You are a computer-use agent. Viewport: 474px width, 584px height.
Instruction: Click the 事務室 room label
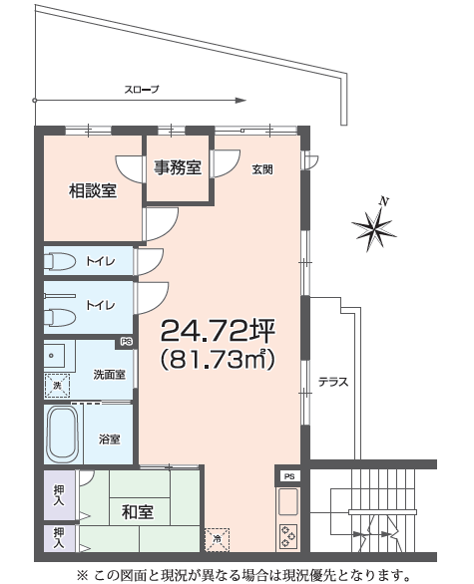178,167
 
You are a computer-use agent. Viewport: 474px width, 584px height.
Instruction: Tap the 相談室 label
93,190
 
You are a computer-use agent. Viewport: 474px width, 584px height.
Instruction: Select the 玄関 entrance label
262,169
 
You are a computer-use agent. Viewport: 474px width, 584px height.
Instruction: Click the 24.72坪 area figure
219,330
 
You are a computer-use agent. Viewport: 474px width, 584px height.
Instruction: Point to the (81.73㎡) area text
219,359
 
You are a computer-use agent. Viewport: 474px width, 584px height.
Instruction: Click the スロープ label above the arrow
142,90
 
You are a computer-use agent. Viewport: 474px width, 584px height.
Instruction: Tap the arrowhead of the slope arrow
240,101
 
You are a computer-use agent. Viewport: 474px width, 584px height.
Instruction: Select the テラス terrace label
333,382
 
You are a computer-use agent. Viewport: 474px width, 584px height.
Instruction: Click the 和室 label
138,512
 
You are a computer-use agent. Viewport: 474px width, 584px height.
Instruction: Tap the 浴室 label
110,439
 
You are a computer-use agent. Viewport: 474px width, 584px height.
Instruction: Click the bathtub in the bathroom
63,435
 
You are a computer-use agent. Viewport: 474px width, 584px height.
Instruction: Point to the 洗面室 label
110,375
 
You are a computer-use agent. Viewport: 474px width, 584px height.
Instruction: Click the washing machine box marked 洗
57,386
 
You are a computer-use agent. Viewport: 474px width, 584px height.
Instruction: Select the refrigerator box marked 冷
218,540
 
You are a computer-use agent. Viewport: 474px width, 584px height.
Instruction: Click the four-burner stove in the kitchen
288,535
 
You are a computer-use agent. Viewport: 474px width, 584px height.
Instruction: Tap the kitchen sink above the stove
288,500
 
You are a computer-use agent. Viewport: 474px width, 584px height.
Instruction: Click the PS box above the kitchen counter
289,476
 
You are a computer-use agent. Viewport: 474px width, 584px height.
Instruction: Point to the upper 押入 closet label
59,495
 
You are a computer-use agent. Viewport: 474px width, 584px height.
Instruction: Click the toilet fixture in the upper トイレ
60,261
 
